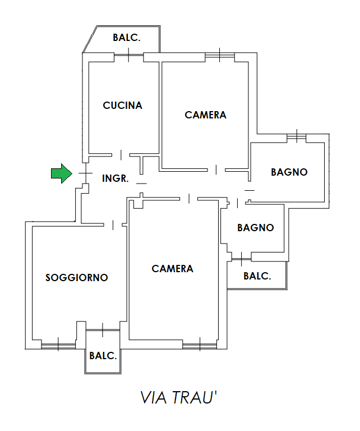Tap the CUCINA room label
(122, 105)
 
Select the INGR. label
(116, 178)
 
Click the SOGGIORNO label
(76, 277)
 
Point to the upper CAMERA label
(205, 115)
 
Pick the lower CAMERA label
(172, 269)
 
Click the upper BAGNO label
(289, 172)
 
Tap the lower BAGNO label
(255, 227)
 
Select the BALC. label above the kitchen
(126, 38)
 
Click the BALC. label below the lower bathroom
(257, 276)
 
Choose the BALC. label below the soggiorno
(103, 356)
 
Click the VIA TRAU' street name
(178, 398)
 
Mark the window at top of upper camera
(219, 55)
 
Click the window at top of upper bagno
(296, 136)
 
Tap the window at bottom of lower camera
(199, 345)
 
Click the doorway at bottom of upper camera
(217, 169)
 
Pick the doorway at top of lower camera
(190, 198)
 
